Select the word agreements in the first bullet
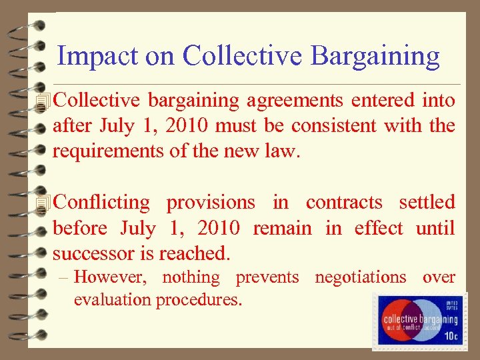(x=294, y=101)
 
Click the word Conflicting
(x=101, y=203)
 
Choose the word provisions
(x=210, y=203)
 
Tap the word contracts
(x=344, y=203)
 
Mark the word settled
(x=427, y=203)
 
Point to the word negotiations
(x=360, y=277)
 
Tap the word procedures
(x=199, y=299)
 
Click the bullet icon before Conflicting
(x=45, y=203)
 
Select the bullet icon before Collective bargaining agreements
(x=45, y=101)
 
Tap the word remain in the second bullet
(x=282, y=228)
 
